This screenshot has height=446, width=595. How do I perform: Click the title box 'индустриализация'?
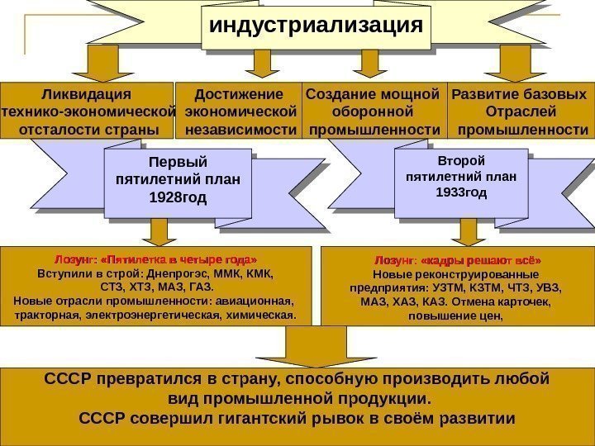(x=315, y=25)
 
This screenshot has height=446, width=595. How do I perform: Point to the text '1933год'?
(x=462, y=192)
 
